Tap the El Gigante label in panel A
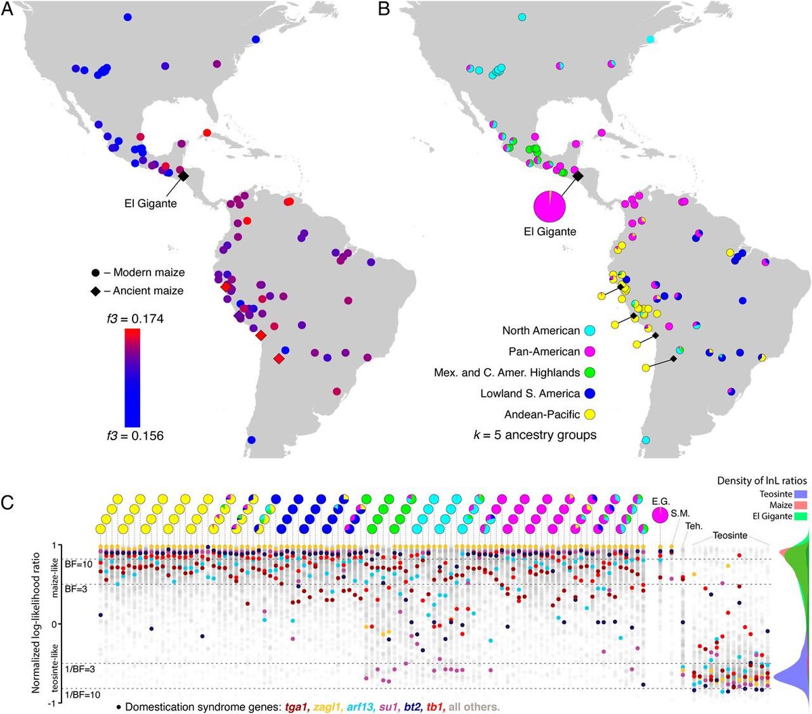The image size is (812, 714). [150, 203]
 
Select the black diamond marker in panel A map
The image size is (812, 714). [183, 175]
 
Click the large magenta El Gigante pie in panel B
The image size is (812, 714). [549, 206]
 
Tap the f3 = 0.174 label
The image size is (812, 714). [136, 318]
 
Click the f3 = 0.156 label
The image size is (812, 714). [136, 435]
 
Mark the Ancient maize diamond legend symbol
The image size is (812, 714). [96, 291]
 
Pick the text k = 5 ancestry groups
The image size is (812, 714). [535, 435]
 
